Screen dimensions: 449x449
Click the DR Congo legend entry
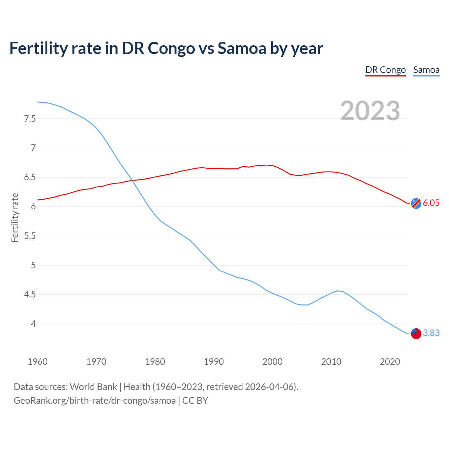[386, 70]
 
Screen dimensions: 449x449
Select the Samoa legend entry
[426, 70]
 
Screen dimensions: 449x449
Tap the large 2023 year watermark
[370, 111]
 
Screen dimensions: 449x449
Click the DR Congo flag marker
[416, 203]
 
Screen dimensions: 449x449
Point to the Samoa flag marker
[416, 333]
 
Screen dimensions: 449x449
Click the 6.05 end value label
[431, 203]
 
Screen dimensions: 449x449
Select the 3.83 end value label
[431, 333]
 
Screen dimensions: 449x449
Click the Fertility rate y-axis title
[15, 217]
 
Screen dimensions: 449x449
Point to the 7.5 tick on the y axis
[30, 119]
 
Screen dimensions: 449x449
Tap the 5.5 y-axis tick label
[30, 236]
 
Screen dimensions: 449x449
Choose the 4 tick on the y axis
[33, 324]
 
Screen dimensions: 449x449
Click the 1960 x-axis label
[38, 362]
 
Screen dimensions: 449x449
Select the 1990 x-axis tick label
[214, 362]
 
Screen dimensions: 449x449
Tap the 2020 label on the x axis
[390, 362]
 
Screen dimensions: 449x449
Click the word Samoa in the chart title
[242, 48]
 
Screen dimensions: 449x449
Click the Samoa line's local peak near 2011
[337, 291]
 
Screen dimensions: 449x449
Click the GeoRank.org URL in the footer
[95, 401]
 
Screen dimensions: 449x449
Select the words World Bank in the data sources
[93, 387]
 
